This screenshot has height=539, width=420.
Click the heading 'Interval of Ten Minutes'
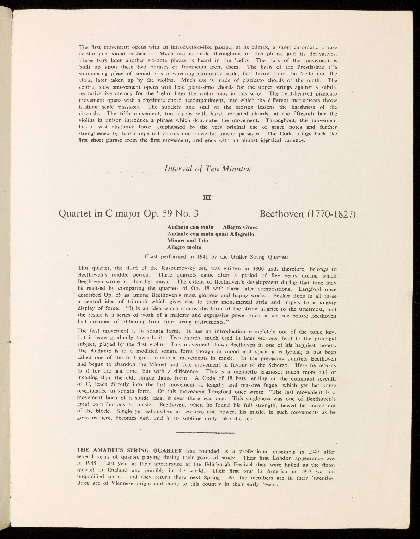click(207, 169)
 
